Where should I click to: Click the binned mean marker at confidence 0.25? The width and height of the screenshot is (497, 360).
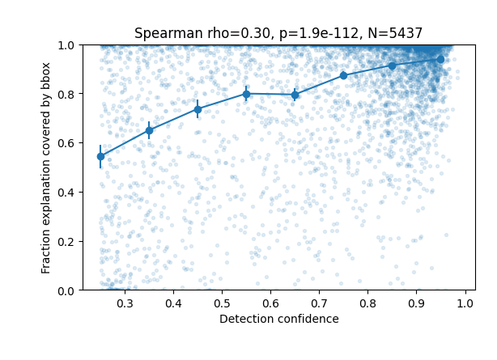pyautogui.click(x=100, y=156)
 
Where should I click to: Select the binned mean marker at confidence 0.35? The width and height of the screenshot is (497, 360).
pyautogui.click(x=149, y=130)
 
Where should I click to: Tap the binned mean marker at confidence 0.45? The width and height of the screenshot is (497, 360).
pyautogui.click(x=198, y=109)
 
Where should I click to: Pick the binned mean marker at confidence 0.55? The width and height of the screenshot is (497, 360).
pyautogui.click(x=246, y=94)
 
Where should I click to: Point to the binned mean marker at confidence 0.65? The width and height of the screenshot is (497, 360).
pyautogui.click(x=295, y=95)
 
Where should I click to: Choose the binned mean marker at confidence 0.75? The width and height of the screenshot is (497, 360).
pyautogui.click(x=343, y=75)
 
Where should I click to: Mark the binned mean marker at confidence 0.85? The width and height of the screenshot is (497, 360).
pyautogui.click(x=392, y=66)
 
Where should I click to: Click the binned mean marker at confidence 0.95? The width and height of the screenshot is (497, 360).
pyautogui.click(x=440, y=59)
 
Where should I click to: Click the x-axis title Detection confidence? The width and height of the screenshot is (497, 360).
pyautogui.click(x=278, y=320)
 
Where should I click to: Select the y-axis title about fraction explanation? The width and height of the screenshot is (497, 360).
pyautogui.click(x=47, y=167)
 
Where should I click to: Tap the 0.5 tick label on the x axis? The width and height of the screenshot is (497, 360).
pyautogui.click(x=222, y=303)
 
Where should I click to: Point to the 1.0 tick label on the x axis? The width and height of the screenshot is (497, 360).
pyautogui.click(x=465, y=303)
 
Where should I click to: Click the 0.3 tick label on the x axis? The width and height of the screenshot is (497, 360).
pyautogui.click(x=125, y=303)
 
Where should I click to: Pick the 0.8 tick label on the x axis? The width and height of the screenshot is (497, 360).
pyautogui.click(x=367, y=303)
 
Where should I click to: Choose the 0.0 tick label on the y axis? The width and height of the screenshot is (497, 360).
pyautogui.click(x=66, y=290)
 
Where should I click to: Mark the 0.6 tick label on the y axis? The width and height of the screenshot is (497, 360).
pyautogui.click(x=66, y=143)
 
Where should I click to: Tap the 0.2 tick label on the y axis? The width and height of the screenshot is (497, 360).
pyautogui.click(x=66, y=241)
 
